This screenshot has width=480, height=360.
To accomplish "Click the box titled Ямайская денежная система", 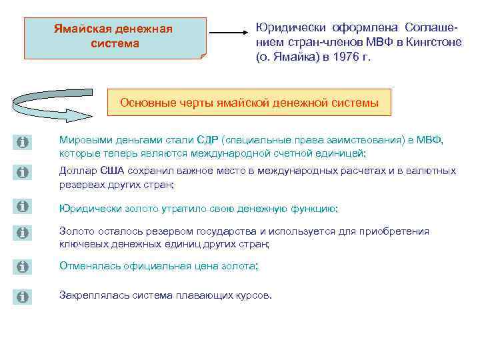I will pos(113,37).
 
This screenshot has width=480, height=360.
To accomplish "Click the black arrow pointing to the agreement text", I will pos(231,32).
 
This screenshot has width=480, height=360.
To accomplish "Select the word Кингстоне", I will pos(429,43).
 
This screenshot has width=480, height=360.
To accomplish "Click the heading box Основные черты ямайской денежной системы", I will pos(249,103).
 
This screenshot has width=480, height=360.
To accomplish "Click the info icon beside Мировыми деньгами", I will pos(22,143).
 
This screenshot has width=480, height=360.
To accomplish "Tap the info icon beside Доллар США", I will pos(22,173).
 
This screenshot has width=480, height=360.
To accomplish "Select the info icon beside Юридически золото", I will pos(22,207).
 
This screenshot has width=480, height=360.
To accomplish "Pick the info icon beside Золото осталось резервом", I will pos(22,233).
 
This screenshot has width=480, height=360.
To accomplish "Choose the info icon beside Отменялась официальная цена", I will pos(22,267).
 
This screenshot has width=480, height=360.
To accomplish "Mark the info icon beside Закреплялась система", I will pos(22,297).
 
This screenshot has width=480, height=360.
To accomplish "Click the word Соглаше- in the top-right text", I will pos(431,27).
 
